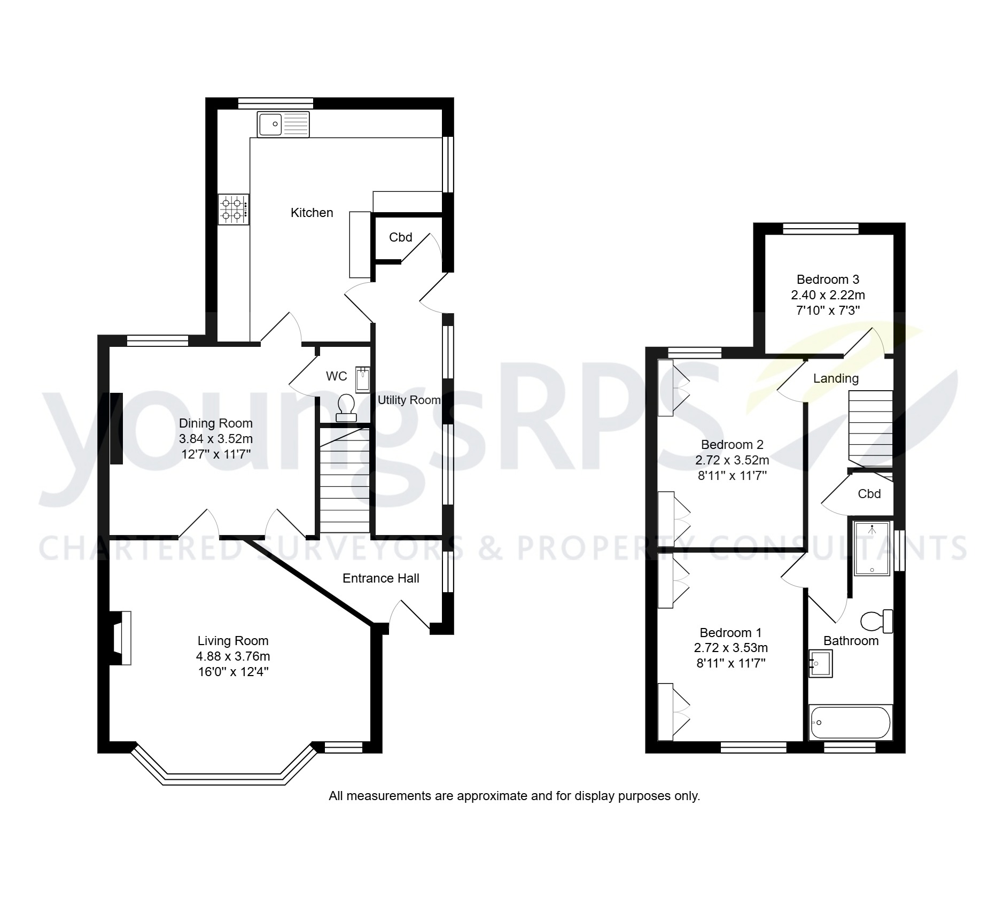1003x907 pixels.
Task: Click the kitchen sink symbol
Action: (x=283, y=125)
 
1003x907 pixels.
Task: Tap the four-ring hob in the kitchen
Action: (x=233, y=209)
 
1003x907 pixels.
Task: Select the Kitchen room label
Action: (x=312, y=213)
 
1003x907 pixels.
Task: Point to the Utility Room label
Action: (x=409, y=400)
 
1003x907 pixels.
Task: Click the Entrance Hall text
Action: (x=380, y=578)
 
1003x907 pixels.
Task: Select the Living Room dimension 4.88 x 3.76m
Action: (x=232, y=656)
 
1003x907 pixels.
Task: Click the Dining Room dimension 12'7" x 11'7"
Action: (x=215, y=454)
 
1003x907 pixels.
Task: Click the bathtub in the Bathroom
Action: (x=850, y=723)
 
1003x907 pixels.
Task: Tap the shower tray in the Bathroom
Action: (x=872, y=548)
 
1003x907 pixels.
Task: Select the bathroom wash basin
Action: (x=820, y=663)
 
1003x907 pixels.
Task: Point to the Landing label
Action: (x=836, y=378)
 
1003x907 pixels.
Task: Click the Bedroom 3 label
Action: (x=827, y=279)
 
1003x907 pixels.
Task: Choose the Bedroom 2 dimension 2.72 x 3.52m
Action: (x=732, y=460)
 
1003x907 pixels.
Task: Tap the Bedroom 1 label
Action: (x=730, y=633)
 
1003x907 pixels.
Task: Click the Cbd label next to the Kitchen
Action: (x=400, y=237)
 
